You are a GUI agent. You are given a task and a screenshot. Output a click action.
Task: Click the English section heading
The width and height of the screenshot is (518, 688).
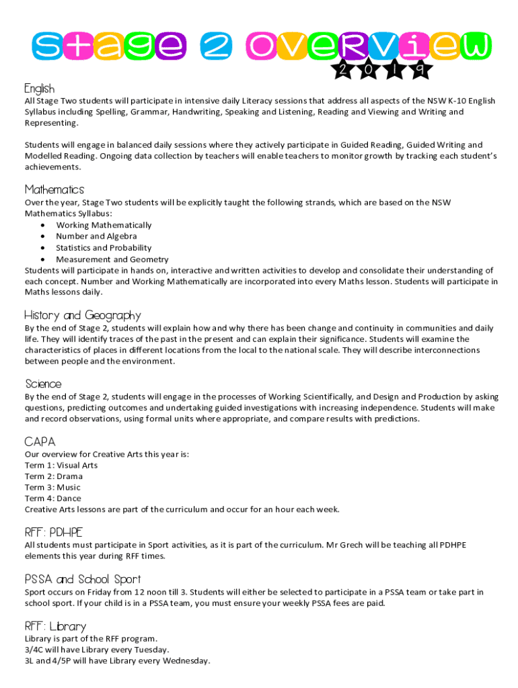click(40, 89)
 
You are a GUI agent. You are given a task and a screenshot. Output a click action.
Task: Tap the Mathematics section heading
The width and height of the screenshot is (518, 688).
click(54, 189)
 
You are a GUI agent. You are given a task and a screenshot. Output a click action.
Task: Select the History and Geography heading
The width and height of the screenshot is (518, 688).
click(83, 315)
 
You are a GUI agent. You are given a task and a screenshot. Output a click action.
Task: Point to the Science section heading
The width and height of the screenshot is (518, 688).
click(43, 384)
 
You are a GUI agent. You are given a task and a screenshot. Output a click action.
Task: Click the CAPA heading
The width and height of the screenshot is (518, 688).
click(40, 441)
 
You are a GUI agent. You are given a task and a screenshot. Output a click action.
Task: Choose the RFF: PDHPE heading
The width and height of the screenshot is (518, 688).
click(53, 532)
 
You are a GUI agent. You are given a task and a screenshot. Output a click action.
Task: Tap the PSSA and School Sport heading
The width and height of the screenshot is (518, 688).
click(83, 579)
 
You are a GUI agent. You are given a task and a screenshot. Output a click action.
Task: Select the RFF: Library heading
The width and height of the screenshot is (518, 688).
click(55, 626)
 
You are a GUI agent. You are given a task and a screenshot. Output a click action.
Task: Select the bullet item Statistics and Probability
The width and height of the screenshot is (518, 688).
click(104, 248)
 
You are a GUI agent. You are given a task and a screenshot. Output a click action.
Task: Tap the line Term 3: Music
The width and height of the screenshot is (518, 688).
click(52, 487)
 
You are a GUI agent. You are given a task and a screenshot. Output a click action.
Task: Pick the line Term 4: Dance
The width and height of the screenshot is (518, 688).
click(53, 499)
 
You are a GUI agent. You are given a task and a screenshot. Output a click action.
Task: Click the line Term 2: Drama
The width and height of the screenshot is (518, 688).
click(54, 476)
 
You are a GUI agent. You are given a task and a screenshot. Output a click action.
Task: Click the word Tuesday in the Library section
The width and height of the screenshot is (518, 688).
click(150, 650)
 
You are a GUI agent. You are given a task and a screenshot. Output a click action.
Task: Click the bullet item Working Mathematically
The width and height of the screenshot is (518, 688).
click(104, 225)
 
